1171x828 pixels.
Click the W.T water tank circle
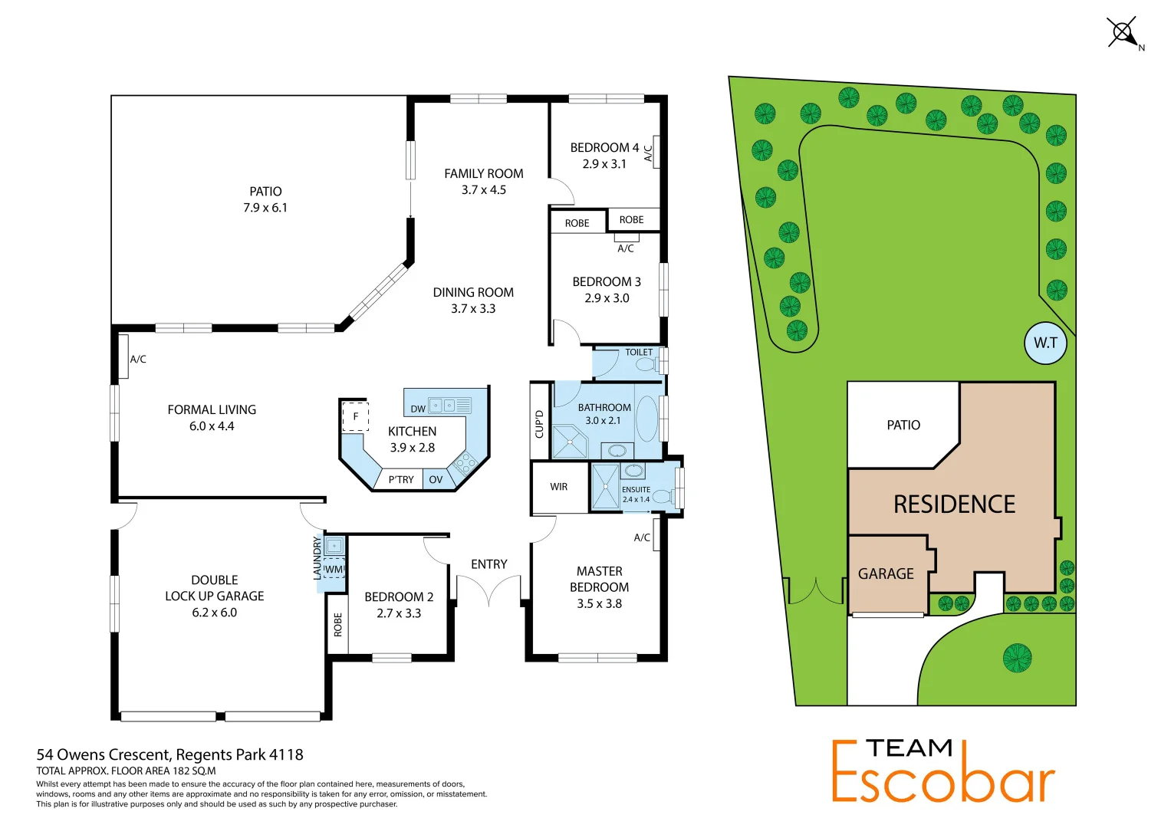coord(1045,343)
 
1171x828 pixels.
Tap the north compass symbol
coord(1123,33)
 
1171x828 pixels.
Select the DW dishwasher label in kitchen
coord(418,409)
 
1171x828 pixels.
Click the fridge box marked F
coord(355,417)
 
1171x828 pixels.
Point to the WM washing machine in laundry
coord(334,570)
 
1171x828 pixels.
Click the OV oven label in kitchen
coord(436,480)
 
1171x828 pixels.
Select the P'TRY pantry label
coord(401,480)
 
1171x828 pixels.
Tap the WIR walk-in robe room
coord(559,487)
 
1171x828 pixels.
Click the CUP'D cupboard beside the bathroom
coord(539,424)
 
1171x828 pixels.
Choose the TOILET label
coord(639,353)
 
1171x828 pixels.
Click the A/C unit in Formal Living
coord(123,357)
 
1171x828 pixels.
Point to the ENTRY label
coord(489,564)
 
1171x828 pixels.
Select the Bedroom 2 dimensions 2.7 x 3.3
coord(399,613)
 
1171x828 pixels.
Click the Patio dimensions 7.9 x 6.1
coord(265,208)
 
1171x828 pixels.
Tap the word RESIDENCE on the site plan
coord(954,504)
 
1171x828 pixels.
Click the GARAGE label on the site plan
coord(886,574)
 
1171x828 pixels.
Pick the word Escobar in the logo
coord(943,782)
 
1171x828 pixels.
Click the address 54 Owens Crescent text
coord(169,755)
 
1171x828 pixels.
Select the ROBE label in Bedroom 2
coord(337,625)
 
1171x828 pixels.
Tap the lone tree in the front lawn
coord(1017,658)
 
